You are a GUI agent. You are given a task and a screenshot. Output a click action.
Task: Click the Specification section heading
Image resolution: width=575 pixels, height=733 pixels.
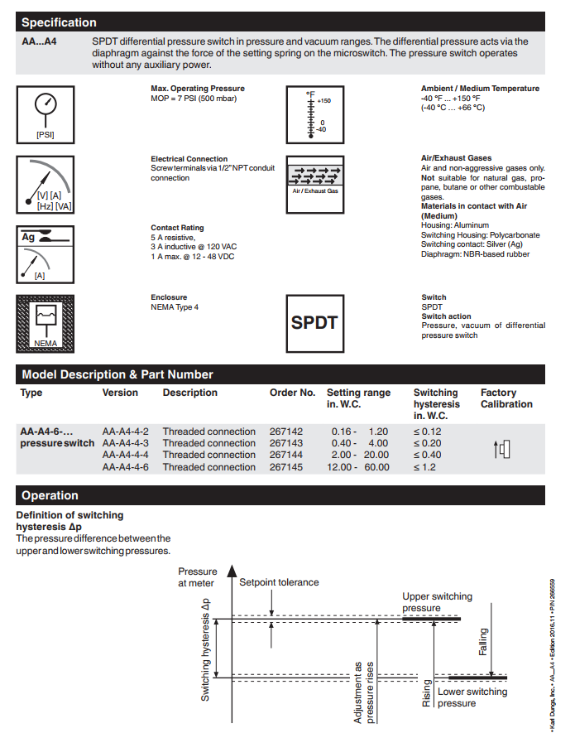click(59, 22)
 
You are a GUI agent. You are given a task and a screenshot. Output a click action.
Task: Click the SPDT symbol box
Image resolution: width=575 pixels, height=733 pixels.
click(314, 321)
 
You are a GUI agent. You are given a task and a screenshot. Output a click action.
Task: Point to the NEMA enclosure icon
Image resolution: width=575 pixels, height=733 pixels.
click(45, 321)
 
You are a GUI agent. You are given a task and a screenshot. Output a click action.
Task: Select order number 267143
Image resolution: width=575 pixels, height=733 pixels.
click(286, 443)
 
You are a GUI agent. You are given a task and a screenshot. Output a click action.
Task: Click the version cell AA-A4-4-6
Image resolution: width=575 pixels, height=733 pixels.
click(126, 467)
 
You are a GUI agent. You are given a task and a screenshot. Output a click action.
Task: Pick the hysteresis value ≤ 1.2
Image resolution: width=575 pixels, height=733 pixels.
click(428, 467)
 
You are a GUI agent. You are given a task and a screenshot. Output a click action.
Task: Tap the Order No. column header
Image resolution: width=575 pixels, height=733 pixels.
click(292, 393)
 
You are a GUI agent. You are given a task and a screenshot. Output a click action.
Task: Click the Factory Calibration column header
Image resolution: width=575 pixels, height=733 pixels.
click(506, 398)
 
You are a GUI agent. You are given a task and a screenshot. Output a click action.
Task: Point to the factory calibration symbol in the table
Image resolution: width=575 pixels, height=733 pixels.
click(502, 450)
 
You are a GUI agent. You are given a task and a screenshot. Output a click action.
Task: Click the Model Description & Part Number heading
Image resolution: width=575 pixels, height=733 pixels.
click(117, 374)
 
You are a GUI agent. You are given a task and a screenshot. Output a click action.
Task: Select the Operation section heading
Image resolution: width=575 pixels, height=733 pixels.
click(50, 495)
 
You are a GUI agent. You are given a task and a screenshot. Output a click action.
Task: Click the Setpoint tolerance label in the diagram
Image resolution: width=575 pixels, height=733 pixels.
click(279, 582)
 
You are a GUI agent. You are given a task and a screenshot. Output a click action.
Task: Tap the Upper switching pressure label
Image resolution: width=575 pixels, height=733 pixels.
click(437, 602)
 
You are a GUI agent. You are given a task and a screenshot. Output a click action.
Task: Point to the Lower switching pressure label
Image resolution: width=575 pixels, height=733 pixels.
click(472, 697)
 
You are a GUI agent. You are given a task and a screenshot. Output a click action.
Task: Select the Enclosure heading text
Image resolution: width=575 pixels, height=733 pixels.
click(169, 297)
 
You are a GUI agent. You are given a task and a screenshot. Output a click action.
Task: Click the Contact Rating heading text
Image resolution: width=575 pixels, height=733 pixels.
click(177, 228)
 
